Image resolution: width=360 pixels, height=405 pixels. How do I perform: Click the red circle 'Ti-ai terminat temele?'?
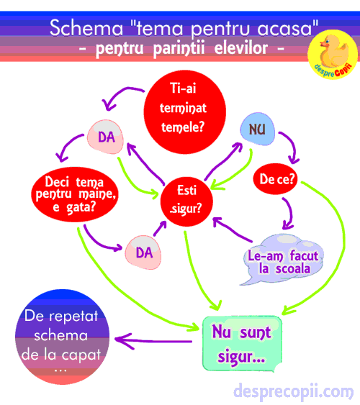185,112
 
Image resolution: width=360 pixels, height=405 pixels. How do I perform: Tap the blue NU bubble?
258,129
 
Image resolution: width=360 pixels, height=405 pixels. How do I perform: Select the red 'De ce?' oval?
275,178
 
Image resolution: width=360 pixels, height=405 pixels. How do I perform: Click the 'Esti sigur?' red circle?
186,201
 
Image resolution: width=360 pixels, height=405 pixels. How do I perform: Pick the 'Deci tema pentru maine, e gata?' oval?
75,194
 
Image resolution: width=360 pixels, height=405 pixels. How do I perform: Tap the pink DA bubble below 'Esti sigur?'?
143,252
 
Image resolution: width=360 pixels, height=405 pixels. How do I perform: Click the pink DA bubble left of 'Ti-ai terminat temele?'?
105,137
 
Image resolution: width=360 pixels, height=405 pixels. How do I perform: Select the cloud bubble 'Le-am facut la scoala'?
283,260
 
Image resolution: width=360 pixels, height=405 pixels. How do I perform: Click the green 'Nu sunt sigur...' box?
242,344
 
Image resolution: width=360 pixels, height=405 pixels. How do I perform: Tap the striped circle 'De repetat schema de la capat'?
63,337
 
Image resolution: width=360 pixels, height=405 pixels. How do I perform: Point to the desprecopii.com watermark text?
293,392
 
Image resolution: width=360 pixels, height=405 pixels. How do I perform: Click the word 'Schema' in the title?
86,28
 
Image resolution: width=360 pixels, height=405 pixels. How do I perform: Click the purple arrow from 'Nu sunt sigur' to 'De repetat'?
153,341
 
